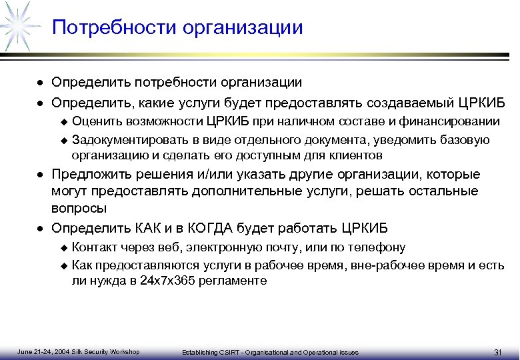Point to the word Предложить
pos(87,175)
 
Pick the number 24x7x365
pos(165,281)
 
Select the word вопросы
pos(79,208)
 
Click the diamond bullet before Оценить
pos(64,122)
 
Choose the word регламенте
pos(233,281)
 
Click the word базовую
pos(467,140)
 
